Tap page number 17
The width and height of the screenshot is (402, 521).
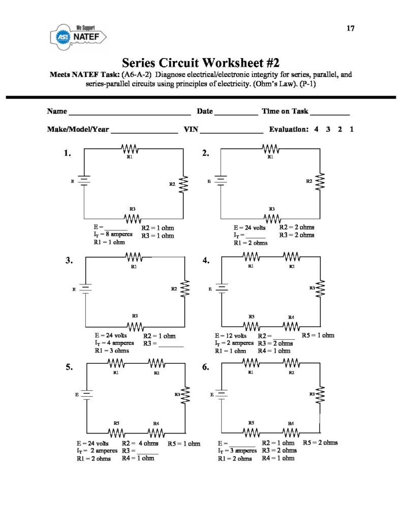(351, 28)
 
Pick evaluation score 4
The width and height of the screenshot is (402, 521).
(316, 129)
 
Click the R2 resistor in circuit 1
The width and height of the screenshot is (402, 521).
(183, 184)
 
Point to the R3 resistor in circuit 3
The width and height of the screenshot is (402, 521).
(134, 326)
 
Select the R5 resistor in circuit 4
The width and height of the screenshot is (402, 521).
(252, 326)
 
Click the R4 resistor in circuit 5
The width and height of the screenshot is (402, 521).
(157, 432)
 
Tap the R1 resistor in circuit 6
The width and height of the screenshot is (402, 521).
(251, 363)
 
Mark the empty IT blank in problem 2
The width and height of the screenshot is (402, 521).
(256, 237)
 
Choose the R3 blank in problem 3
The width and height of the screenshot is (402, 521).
(171, 345)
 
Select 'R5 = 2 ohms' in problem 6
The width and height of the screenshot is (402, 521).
(320, 443)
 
